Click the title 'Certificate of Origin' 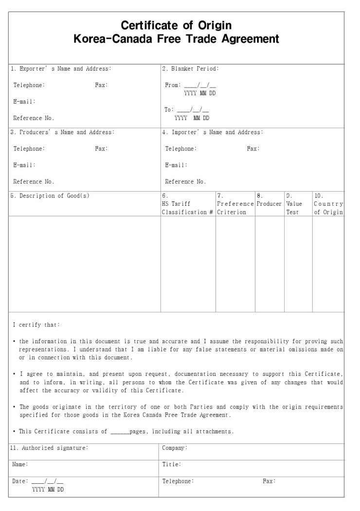(x=176, y=25)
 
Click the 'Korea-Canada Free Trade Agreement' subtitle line (x=176, y=39)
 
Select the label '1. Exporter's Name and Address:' (x=61, y=69)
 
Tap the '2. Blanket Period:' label (x=190, y=69)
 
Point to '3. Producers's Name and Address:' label (x=62, y=132)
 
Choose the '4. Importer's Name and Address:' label (x=212, y=132)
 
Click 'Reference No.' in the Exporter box (x=34, y=118)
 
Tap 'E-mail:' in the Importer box (x=176, y=165)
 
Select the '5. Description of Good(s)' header (x=50, y=196)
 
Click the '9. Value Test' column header (x=294, y=204)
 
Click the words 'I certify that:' (x=36, y=325)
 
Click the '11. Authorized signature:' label (x=49, y=448)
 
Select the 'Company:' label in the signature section (x=175, y=448)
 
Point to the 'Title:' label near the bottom (x=172, y=464)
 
